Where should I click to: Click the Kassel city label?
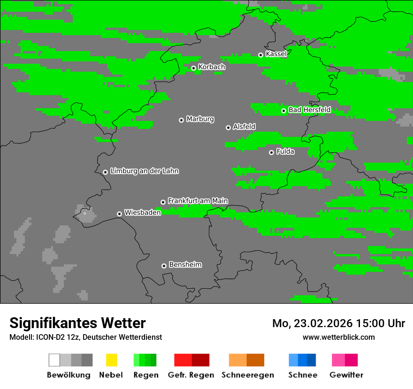click(276, 54)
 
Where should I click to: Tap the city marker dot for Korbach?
click(193, 68)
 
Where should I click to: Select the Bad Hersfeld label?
click(309, 110)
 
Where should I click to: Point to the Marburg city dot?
click(181, 120)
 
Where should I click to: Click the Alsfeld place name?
click(244, 127)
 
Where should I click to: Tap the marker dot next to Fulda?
click(271, 152)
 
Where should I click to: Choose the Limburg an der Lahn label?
click(144, 171)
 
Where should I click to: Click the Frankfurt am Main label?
click(198, 201)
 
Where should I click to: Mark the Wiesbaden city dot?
click(119, 214)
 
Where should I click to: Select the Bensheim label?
click(185, 264)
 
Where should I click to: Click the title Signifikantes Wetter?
click(77, 323)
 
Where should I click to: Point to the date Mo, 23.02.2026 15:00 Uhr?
click(338, 323)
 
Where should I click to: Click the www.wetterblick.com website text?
click(338, 337)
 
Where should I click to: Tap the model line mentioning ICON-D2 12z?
click(85, 337)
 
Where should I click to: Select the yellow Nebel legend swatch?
click(111, 360)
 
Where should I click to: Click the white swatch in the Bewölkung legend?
click(54, 360)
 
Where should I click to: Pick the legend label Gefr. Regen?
click(191, 375)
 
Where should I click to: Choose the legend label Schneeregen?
click(247, 375)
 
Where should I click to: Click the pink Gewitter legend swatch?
click(338, 360)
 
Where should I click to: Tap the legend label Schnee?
click(303, 375)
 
